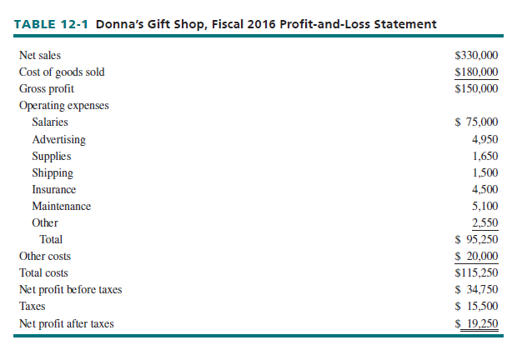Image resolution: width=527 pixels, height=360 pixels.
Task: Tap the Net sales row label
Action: tap(40, 55)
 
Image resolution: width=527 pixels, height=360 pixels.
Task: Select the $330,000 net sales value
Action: tap(477, 55)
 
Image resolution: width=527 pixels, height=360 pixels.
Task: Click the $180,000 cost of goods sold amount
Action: tap(477, 72)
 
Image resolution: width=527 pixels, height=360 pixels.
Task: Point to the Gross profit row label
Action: tap(46, 88)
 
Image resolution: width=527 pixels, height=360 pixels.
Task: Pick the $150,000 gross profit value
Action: tap(477, 88)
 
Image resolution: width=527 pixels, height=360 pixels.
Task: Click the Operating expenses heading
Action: tap(63, 106)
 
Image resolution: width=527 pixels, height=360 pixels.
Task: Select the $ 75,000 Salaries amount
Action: tap(477, 122)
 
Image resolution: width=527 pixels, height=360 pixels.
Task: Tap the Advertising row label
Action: tap(58, 139)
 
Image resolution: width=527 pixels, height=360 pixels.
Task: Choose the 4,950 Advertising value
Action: tap(484, 139)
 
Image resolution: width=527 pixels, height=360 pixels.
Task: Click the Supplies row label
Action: tap(52, 156)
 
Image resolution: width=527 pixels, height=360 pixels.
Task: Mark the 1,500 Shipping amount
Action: tap(484, 172)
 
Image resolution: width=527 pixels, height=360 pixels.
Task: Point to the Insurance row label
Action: tap(54, 189)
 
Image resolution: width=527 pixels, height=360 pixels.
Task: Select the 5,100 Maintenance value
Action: tap(484, 206)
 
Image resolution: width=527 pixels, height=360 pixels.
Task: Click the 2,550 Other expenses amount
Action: tap(484, 222)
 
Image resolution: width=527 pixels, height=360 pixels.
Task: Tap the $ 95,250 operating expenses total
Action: tap(477, 239)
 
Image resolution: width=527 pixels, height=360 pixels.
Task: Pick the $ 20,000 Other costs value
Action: tap(477, 256)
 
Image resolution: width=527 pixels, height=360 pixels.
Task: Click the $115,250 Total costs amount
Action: tap(477, 272)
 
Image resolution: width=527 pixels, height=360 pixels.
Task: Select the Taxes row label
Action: tap(33, 306)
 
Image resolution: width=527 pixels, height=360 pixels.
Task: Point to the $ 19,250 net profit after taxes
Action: tap(477, 323)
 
